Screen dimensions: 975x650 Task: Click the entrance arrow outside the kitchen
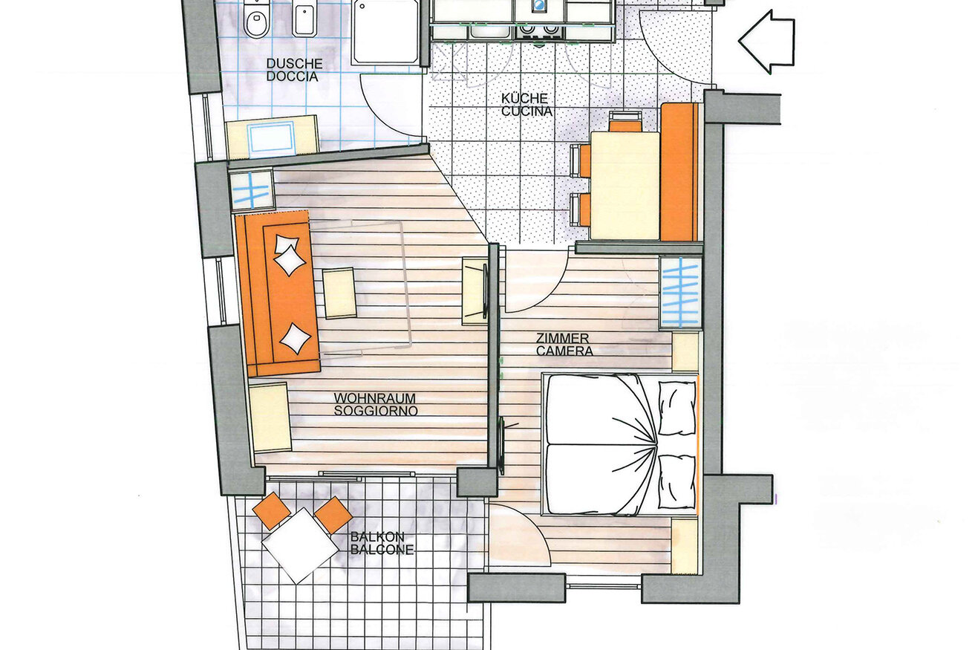tap(766, 42)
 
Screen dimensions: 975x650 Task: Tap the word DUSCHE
tap(294, 64)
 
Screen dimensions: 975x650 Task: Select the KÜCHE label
tap(524, 98)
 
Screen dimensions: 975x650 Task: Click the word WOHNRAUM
tap(374, 398)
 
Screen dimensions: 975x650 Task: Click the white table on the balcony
tap(300, 546)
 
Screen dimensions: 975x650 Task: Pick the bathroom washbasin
tap(271, 138)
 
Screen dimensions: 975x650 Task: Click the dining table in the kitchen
tap(625, 186)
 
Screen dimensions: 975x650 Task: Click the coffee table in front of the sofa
tap(339, 293)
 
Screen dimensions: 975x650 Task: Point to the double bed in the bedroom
tap(620, 444)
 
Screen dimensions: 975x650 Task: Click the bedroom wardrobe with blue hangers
tap(680, 292)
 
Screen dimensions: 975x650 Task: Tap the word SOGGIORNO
tap(376, 411)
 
